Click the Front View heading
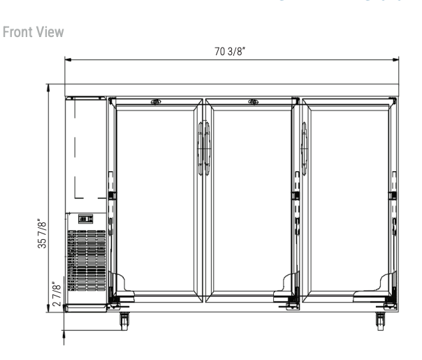(33, 32)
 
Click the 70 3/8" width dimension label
(230, 51)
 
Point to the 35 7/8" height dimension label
(42, 233)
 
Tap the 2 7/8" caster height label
(57, 294)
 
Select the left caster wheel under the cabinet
(124, 321)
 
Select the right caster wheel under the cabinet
(380, 321)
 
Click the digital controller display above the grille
(85, 219)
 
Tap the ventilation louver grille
(87, 260)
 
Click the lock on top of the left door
(156, 102)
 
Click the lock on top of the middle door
(253, 102)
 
